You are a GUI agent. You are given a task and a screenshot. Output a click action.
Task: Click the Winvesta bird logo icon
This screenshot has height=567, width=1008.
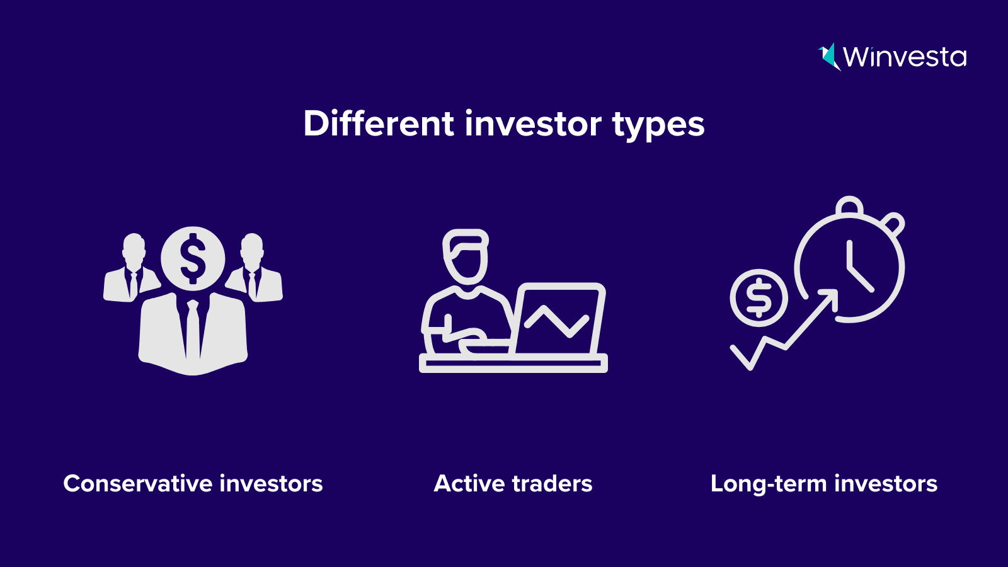click(x=829, y=57)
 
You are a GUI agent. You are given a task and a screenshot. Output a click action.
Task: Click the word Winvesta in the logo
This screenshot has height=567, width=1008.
click(x=905, y=57)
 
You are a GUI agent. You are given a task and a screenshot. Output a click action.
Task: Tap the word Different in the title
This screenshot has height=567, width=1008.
click(x=379, y=123)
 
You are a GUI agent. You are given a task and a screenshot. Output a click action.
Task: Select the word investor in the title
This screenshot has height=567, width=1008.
click(x=533, y=123)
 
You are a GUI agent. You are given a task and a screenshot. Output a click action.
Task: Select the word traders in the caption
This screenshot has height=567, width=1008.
click(x=552, y=484)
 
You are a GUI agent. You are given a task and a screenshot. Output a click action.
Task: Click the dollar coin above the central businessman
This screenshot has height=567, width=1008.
click(x=193, y=259)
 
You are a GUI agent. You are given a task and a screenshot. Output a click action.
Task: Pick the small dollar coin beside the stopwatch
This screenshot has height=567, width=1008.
click(x=759, y=298)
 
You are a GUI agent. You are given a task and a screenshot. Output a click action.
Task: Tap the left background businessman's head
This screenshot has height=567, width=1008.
click(x=134, y=250)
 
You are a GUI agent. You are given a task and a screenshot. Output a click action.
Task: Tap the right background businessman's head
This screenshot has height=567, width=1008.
click(x=252, y=250)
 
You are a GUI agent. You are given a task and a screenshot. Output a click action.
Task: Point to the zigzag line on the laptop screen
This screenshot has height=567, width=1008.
click(x=557, y=321)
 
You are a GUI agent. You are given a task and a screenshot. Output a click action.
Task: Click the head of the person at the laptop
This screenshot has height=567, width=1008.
click(x=466, y=257)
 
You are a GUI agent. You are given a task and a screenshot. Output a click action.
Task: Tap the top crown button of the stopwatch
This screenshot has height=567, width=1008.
click(x=850, y=205)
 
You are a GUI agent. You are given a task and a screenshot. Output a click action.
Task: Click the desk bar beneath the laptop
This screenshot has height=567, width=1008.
click(x=513, y=363)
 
